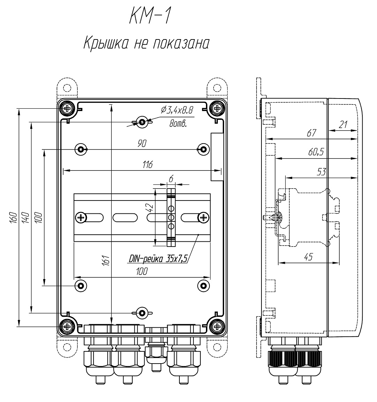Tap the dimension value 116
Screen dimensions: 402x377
tap(148, 165)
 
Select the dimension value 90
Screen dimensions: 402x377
tap(142, 144)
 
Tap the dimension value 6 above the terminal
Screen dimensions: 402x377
tap(171, 178)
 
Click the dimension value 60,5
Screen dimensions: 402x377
tap(316, 152)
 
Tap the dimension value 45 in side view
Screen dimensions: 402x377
tap(308, 257)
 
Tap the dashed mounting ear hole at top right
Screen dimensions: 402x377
tap(217, 87)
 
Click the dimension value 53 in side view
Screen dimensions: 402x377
tap(321, 172)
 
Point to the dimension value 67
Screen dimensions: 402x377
tap(311, 133)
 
